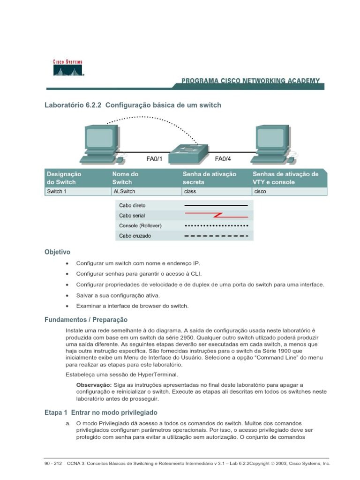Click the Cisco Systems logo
67,67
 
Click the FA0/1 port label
154,159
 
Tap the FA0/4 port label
223,159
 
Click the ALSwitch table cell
122,192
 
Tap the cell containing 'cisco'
260,192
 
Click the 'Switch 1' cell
56,192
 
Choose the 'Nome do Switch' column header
126,178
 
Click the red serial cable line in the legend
216,216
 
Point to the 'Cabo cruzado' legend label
135,236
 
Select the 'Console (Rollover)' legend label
140,226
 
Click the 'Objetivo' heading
57,252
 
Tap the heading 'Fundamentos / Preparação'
86,320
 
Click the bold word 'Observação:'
93,385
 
